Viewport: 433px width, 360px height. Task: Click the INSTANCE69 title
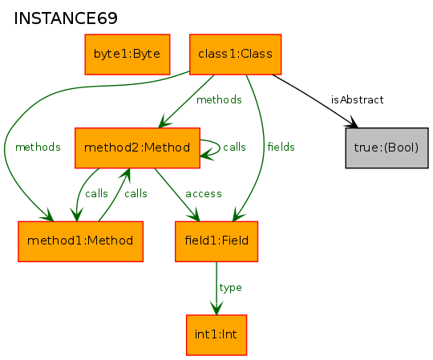[x=66, y=18]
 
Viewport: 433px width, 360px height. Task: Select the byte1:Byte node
[x=127, y=55]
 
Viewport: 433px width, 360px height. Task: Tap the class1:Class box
[x=235, y=55]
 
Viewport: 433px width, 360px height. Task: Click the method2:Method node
[x=137, y=148]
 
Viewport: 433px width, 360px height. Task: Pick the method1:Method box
[x=80, y=241]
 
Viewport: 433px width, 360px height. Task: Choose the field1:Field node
[x=216, y=241]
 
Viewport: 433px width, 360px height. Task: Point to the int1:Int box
[x=216, y=335]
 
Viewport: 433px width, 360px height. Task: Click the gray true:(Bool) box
[x=386, y=148]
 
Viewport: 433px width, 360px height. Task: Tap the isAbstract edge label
[x=358, y=99]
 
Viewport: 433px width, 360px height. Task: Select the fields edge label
[x=281, y=147]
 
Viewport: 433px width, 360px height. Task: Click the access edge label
[x=204, y=194]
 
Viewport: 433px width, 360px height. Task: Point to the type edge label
[x=231, y=288]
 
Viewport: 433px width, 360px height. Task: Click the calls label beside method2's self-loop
[x=234, y=147]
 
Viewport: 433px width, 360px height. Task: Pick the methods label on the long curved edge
[x=38, y=148]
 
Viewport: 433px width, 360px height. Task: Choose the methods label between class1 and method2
[x=219, y=99]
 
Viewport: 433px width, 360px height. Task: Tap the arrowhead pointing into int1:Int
[x=216, y=309]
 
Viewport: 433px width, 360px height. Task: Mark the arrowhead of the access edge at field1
[x=195, y=216]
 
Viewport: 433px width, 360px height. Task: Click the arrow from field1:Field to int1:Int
[x=216, y=288]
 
